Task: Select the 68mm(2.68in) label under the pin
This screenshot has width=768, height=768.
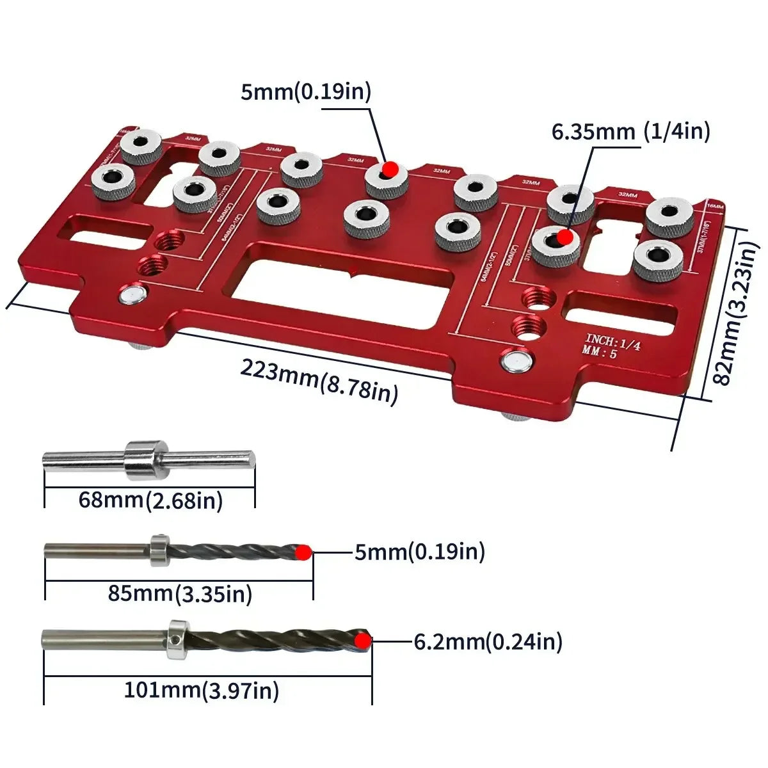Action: pyautogui.click(x=150, y=499)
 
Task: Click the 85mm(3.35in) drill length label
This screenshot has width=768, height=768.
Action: pyautogui.click(x=179, y=593)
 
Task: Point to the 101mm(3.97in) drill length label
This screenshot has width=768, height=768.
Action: pyautogui.click(x=201, y=691)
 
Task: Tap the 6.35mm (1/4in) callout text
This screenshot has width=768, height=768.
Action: pyautogui.click(x=630, y=131)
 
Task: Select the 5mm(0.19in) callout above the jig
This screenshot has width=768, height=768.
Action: pyautogui.click(x=306, y=92)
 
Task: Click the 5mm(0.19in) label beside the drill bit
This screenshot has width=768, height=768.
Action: pyautogui.click(x=420, y=551)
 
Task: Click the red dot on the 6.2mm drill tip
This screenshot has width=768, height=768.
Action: pyautogui.click(x=364, y=641)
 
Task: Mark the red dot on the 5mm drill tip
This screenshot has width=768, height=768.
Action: pyautogui.click(x=304, y=552)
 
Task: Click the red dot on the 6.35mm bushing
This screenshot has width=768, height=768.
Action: pyautogui.click(x=564, y=237)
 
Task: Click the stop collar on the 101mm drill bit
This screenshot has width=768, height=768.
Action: pyautogui.click(x=177, y=639)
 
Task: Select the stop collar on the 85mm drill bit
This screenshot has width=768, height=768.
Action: pyautogui.click(x=158, y=550)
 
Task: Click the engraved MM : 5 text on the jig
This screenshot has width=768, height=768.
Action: pyautogui.click(x=600, y=353)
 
